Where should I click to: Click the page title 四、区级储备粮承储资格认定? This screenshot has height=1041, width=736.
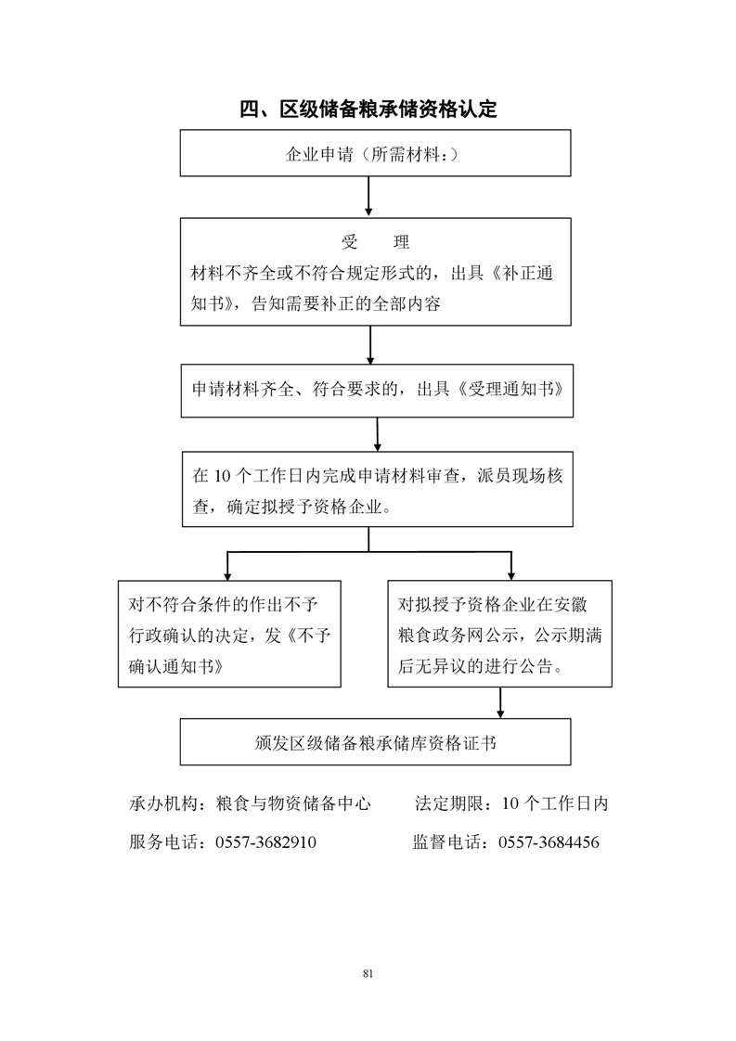coord(368,109)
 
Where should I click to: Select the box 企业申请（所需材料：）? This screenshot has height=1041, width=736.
coord(375,153)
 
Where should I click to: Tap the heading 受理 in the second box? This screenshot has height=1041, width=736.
coord(375,241)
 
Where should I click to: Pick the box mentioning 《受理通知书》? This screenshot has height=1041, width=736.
coord(378,391)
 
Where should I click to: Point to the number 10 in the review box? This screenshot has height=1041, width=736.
coord(222,476)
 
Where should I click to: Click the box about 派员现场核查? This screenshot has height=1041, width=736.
coord(378,489)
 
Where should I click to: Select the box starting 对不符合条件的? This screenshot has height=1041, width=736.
coord(229,634)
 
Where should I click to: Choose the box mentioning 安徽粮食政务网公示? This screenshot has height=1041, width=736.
coord(499,634)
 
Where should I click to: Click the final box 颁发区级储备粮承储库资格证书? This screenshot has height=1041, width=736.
coord(375,741)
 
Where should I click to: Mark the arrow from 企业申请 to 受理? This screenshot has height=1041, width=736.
coord(368,197)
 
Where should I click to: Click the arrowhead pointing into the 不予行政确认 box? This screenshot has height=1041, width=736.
coord(227,576)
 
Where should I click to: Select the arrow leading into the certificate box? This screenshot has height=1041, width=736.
coord(500,703)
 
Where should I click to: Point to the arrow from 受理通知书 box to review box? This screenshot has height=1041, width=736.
coord(378,435)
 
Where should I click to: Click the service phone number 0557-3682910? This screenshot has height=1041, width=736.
coord(265,842)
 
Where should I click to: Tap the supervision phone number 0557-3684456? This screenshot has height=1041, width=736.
coord(549,842)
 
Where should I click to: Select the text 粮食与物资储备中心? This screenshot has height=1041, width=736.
coord(293,804)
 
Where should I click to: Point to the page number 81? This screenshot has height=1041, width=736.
coord(368,974)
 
